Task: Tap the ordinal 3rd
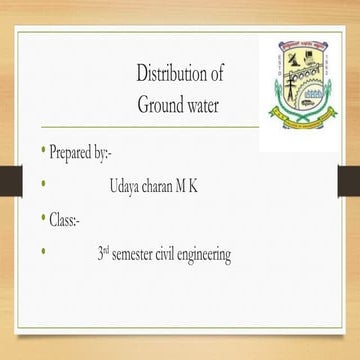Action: pyautogui.click(x=102, y=254)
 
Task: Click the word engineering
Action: pyautogui.click(x=212, y=256)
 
